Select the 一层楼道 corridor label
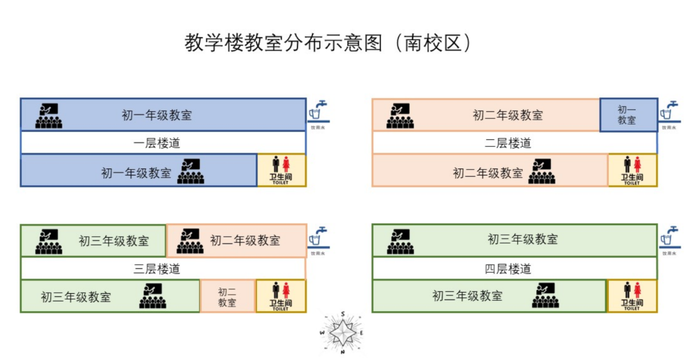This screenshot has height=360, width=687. [x=156, y=142]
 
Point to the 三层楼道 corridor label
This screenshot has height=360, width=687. [x=156, y=268]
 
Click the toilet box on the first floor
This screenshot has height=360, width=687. [x=281, y=170]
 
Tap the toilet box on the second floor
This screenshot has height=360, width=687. [x=632, y=170]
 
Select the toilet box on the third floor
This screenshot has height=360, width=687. [x=281, y=296]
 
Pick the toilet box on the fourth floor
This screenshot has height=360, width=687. [x=632, y=296]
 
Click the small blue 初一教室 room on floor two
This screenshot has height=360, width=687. [x=627, y=115]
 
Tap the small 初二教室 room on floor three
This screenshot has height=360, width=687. [x=227, y=296]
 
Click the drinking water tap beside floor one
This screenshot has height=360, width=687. [x=318, y=111]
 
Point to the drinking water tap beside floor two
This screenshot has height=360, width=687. [x=669, y=111]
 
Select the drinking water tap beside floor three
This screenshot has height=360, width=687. [x=318, y=237]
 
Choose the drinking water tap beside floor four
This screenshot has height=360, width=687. [x=669, y=237]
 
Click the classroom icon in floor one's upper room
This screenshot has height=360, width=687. [x=48, y=115]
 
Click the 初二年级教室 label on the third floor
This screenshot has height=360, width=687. [x=245, y=240]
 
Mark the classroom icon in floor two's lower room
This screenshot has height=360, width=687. [x=541, y=171]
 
